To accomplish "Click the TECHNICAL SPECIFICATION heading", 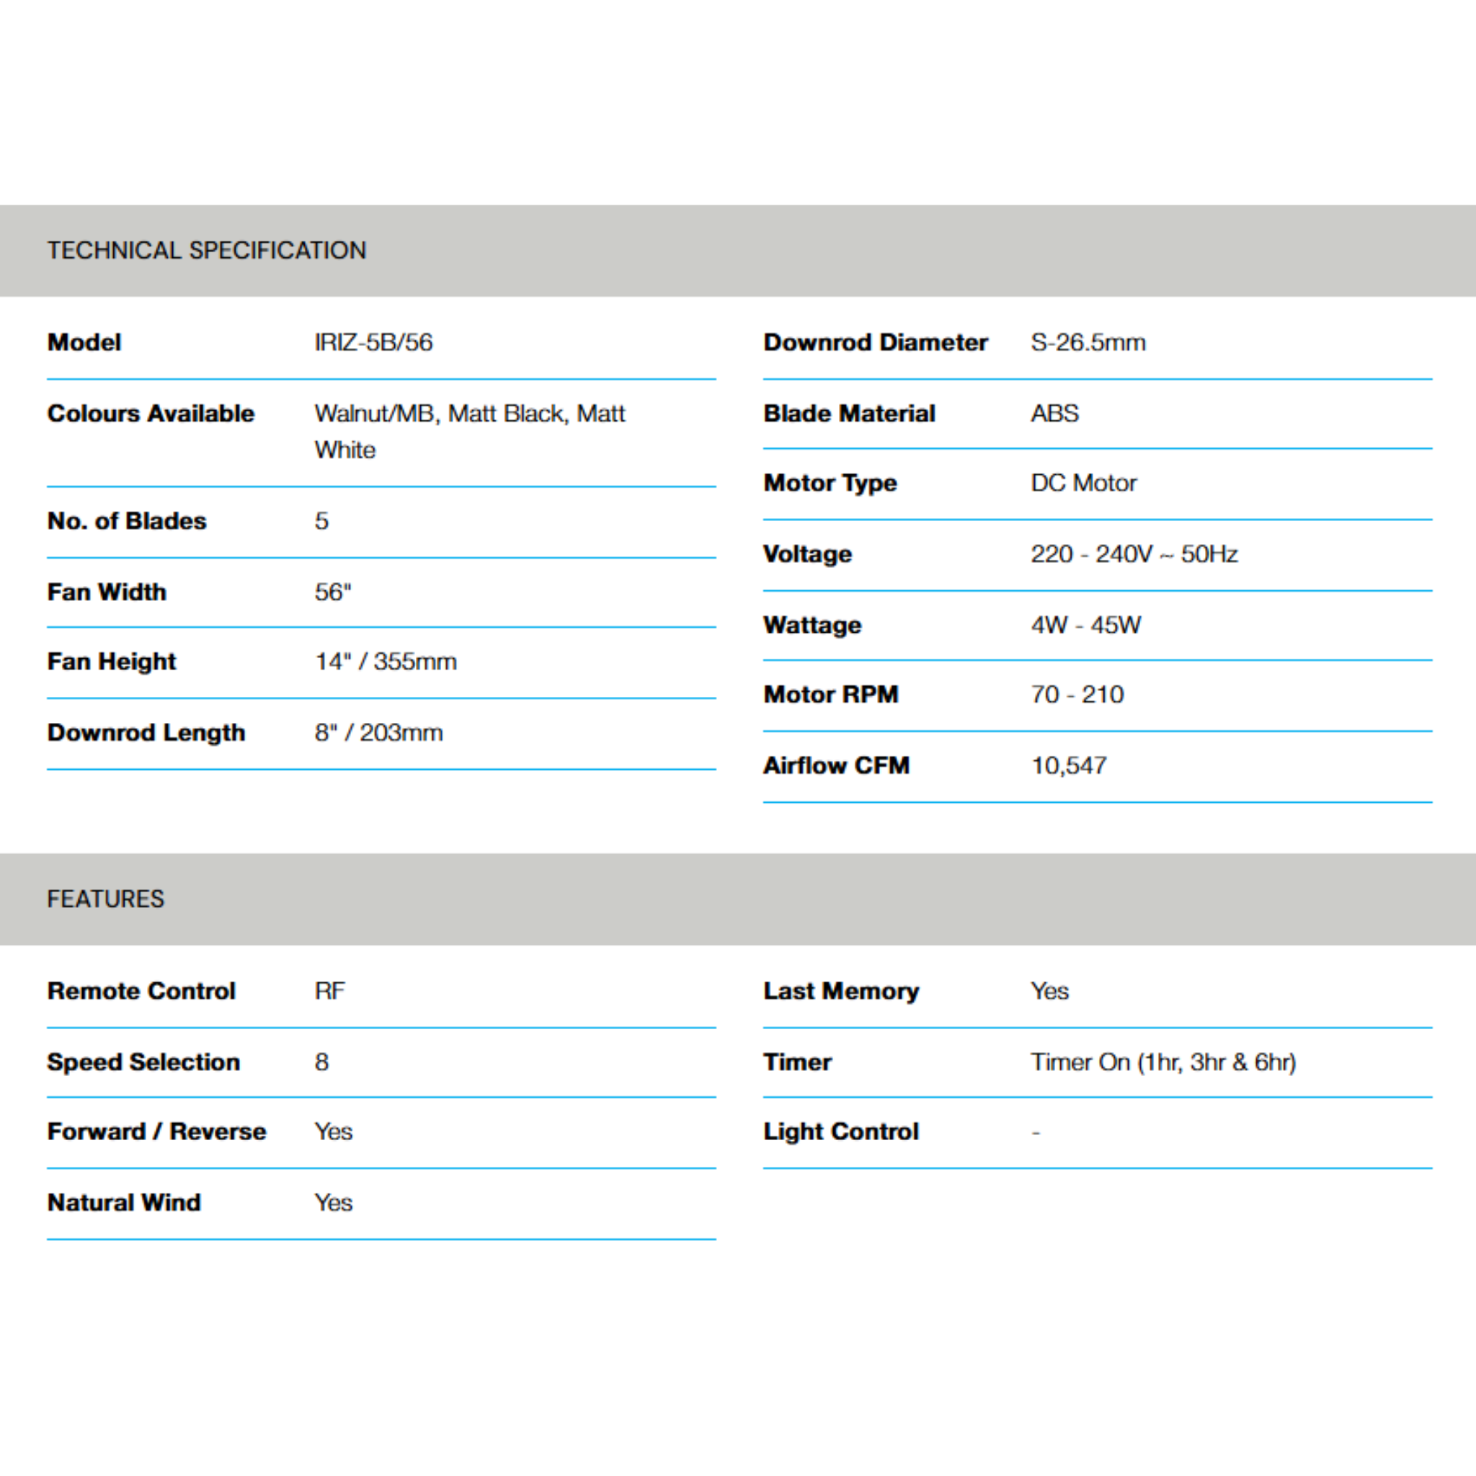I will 206,251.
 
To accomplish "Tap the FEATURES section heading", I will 105,899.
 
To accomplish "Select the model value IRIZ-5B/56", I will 373,342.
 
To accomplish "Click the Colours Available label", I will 151,413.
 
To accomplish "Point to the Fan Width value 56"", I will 333,592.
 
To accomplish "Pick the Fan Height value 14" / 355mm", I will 386,662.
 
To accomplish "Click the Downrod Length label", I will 146,733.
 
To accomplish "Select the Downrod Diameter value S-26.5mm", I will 1088,342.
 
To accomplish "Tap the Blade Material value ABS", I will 1054,413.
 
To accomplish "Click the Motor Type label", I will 830,483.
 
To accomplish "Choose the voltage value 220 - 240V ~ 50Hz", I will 1134,554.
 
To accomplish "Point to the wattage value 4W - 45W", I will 1085,625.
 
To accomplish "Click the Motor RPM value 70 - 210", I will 1077,695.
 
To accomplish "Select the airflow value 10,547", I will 1069,765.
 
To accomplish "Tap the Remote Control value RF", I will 329,991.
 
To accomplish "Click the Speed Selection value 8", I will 321,1062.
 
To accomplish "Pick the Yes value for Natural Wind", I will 333,1203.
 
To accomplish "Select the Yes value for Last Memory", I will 1049,991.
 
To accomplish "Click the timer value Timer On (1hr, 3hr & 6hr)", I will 1162,1062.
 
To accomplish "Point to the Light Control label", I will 840,1132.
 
